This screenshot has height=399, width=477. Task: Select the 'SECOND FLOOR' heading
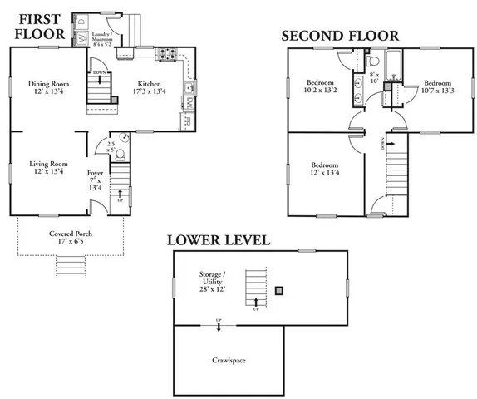pos(339,36)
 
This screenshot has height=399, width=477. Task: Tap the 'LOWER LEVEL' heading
pos(218,240)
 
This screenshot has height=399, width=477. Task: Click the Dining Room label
pos(47,87)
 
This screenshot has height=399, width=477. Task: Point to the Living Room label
pos(47,168)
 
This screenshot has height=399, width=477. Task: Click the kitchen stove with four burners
pos(164,56)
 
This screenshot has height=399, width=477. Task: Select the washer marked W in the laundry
pos(81,38)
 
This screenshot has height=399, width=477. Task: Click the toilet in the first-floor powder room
pos(120,155)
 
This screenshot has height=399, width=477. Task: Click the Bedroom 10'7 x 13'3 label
pos(437,87)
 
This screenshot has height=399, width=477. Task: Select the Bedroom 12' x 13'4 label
pos(325,169)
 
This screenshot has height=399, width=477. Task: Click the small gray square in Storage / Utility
pos(280,290)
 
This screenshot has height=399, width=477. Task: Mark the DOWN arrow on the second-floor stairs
pos(381,145)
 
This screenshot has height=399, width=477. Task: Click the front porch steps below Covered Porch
pos(71,266)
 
